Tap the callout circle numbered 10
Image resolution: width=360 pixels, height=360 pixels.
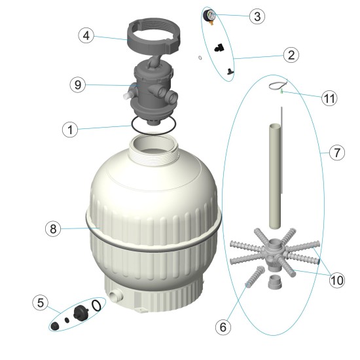point(336,280)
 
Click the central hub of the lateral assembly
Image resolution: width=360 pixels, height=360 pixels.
point(274,250)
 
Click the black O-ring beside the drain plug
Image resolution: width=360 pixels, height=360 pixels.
point(97,305)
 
